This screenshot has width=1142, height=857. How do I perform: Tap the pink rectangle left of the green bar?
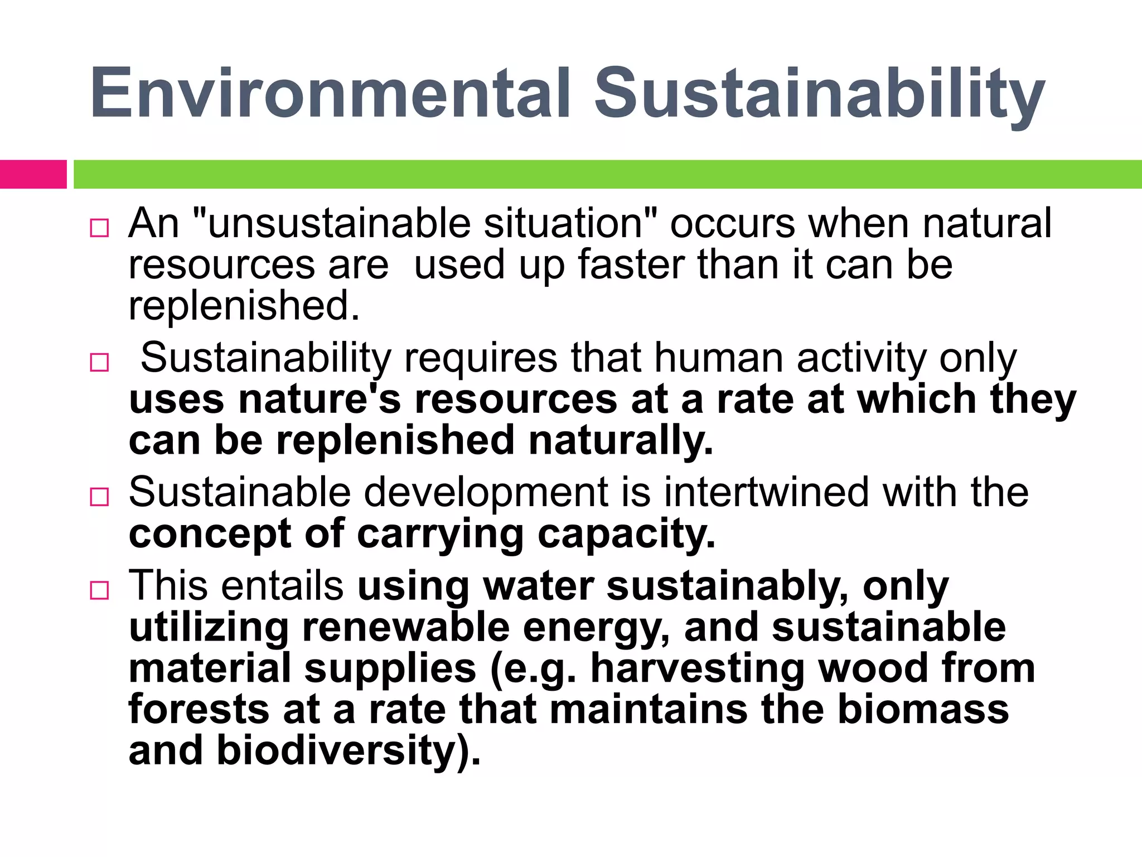point(33,174)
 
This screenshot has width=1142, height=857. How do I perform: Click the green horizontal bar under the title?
point(607,174)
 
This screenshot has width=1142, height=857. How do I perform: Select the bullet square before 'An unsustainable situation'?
point(99,228)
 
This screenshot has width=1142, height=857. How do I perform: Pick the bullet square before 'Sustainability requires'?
point(99,363)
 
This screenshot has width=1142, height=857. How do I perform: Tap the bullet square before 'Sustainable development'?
point(99,497)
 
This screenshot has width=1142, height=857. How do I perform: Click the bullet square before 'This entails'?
point(99,590)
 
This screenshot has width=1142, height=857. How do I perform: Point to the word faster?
point(631,264)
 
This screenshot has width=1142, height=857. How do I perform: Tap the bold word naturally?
point(620,441)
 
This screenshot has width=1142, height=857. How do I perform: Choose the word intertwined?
point(766,492)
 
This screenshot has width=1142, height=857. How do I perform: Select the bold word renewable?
point(405,627)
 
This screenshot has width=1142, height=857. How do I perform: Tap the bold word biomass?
point(923,710)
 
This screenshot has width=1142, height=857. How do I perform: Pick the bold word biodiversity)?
point(349,751)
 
